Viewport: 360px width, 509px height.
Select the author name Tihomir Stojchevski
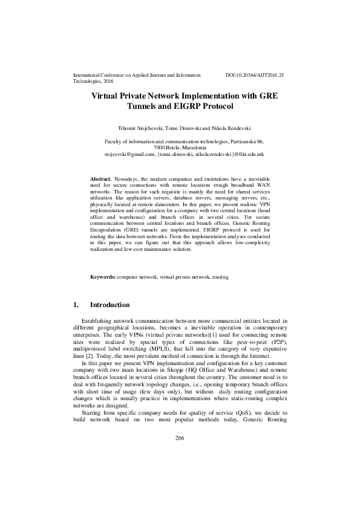click(x=140, y=128)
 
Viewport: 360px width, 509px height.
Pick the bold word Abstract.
click(x=100, y=180)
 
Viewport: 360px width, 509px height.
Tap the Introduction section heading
click(x=110, y=305)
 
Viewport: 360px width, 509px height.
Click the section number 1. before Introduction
click(x=76, y=305)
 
